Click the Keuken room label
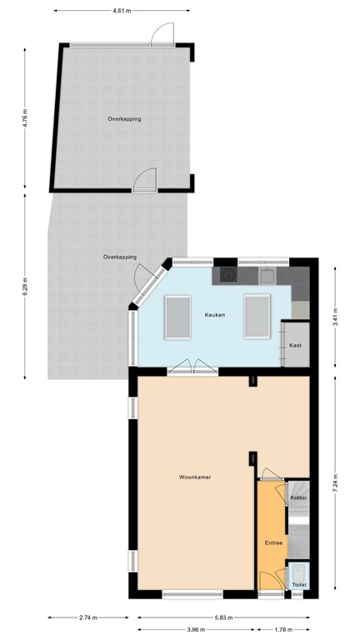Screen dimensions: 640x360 pos(216,314)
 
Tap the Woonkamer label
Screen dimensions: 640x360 pos(194,477)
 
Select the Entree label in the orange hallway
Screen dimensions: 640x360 pos(274,542)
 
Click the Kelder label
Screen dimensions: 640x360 pos(297,497)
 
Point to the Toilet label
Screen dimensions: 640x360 pos(299,585)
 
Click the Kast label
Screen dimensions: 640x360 pos(295,345)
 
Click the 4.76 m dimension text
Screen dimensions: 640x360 pos(26,122)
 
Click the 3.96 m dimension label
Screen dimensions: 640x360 pos(197,629)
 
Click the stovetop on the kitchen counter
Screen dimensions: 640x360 pos(227,274)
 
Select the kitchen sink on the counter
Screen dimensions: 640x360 pos(267,274)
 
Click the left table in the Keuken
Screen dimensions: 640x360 pos(177,317)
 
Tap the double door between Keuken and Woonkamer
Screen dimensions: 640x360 pos(194,367)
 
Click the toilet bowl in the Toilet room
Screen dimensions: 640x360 pos(299,573)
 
